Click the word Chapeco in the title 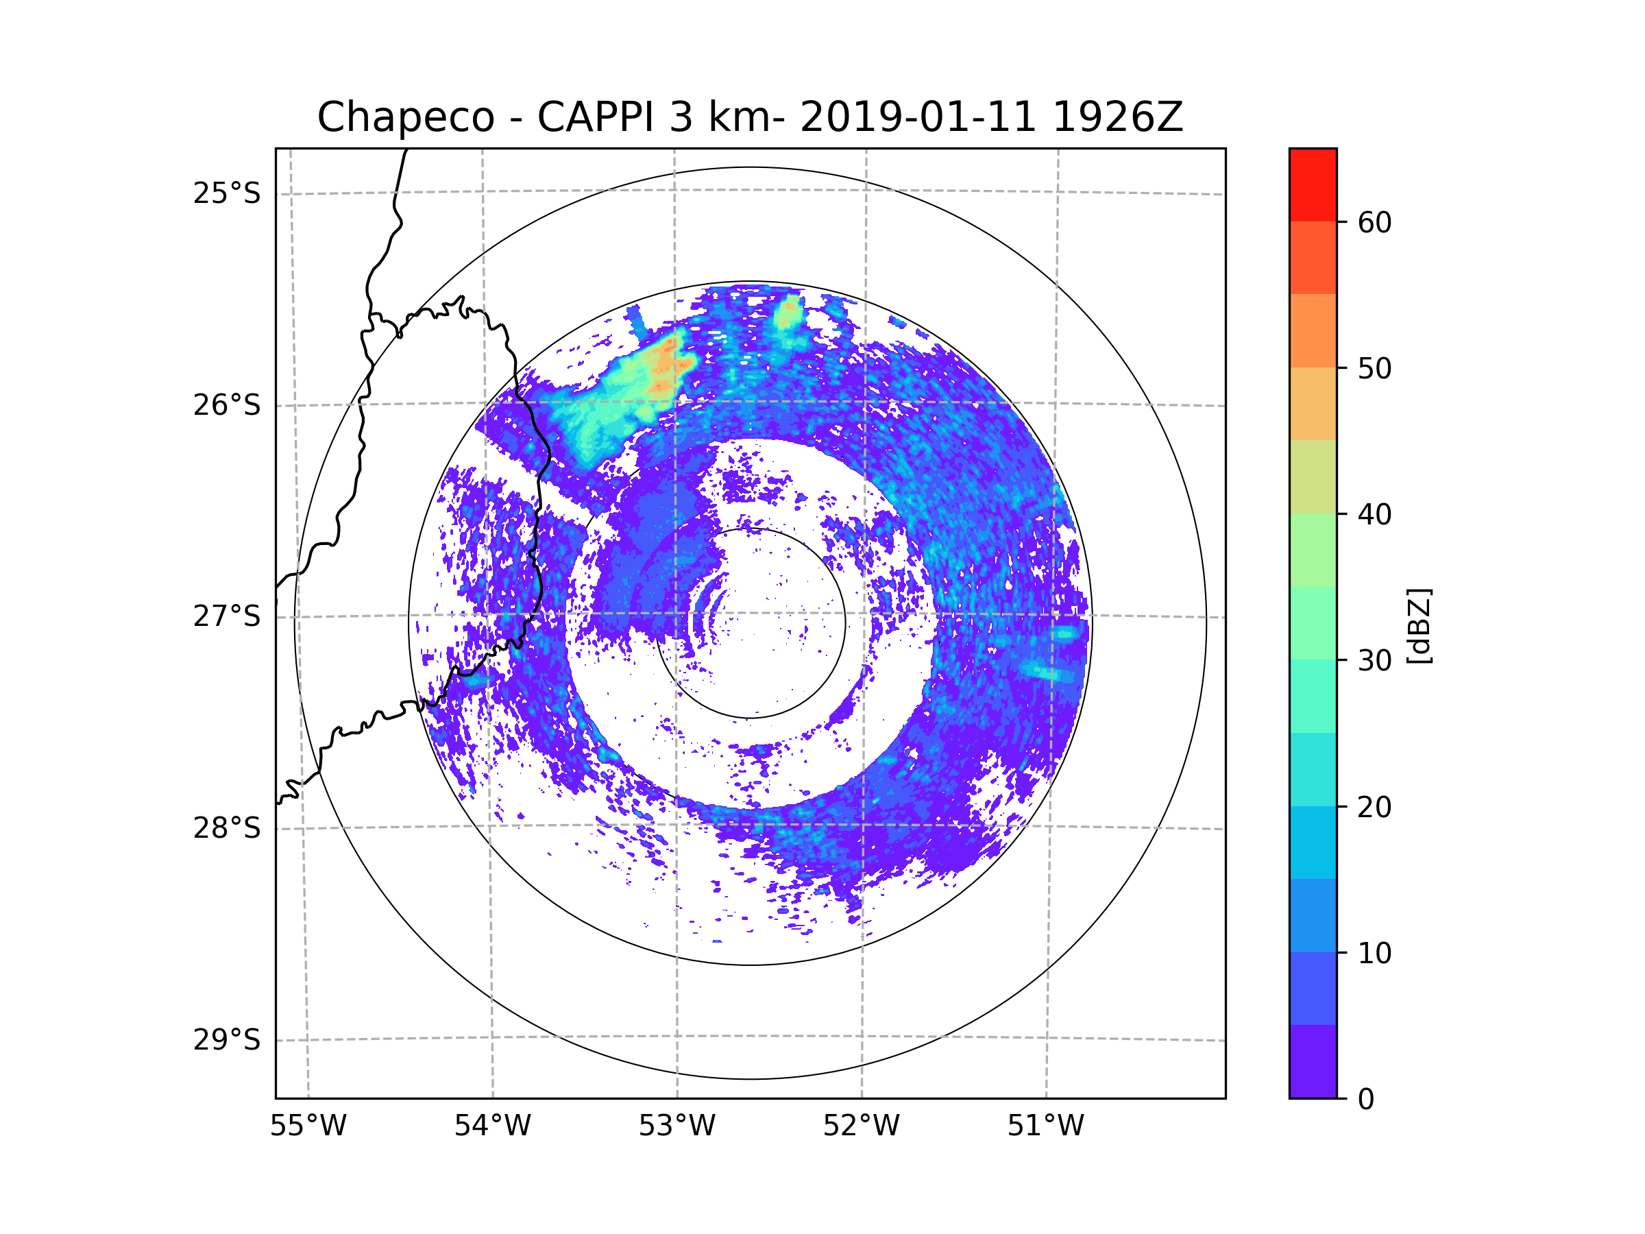(x=405, y=117)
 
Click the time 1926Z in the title (x=1117, y=117)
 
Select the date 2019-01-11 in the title (x=918, y=117)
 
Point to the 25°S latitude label (x=227, y=193)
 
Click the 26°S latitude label (x=227, y=405)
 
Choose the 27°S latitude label (x=227, y=616)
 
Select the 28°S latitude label (x=227, y=828)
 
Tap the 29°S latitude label (x=227, y=1040)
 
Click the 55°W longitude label (x=308, y=1126)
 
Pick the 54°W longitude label (x=492, y=1126)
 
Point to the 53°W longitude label (x=677, y=1126)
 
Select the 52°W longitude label (x=861, y=1126)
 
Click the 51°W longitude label (x=1045, y=1126)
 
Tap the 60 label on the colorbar (x=1374, y=222)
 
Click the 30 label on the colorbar (x=1374, y=660)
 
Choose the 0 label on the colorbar (x=1366, y=1100)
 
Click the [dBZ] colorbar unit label (x=1418, y=625)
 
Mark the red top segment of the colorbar (x=1313, y=184)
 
